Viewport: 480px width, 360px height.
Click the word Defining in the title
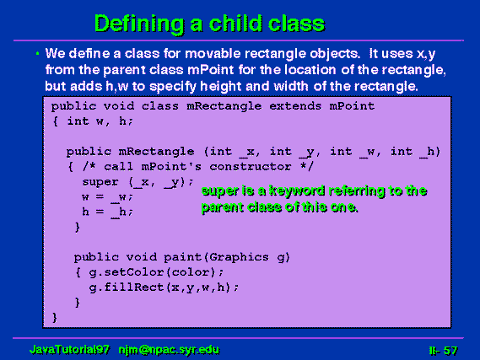point(139,24)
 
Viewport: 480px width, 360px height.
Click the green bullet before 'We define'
point(37,54)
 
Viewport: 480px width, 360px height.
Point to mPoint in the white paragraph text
point(210,70)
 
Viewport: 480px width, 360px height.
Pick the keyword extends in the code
point(295,106)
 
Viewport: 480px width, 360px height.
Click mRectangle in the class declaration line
point(224,106)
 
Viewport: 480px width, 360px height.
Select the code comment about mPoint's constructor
point(197,167)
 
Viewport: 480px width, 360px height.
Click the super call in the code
point(138,182)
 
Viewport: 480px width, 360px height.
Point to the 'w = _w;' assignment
point(107,197)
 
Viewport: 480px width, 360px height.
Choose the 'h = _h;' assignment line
point(107,212)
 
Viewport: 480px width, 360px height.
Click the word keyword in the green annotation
point(297,191)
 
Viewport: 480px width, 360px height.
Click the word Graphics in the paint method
point(239,257)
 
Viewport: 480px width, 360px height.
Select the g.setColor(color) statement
point(156,272)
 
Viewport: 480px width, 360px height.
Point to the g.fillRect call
point(164,287)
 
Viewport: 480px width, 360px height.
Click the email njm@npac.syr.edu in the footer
point(169,350)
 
